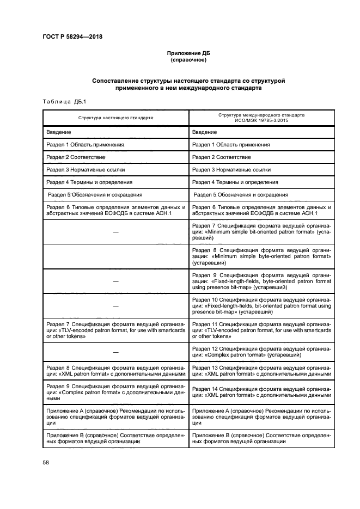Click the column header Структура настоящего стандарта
point(115,118)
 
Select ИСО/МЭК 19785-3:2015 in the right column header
point(261,120)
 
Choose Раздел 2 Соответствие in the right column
point(222,157)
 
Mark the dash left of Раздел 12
point(115,352)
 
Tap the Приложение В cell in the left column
point(115,439)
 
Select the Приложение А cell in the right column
point(261,415)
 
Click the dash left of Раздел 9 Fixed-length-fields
point(115,281)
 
